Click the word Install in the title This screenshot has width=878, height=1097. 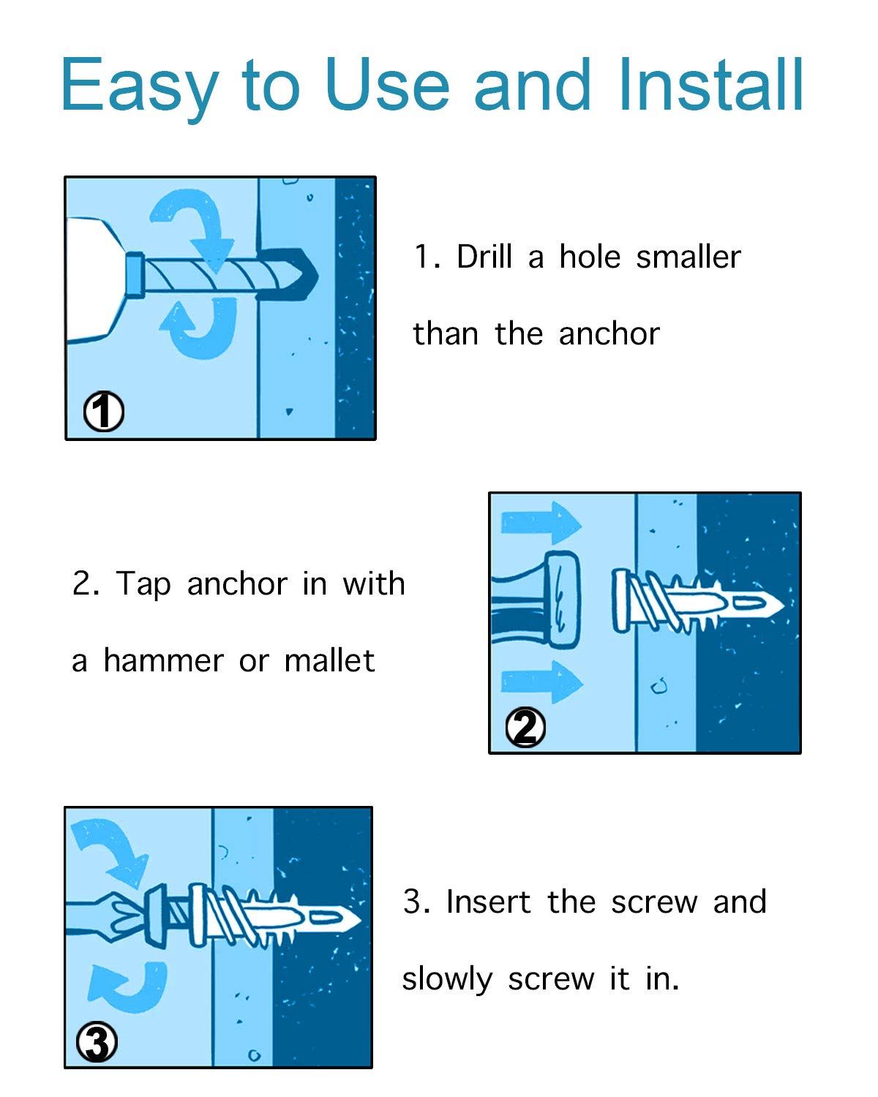pyautogui.click(x=711, y=84)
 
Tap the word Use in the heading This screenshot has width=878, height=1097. pyautogui.click(x=387, y=85)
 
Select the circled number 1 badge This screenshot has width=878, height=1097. pyautogui.click(x=104, y=411)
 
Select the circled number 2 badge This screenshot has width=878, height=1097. pyautogui.click(x=525, y=728)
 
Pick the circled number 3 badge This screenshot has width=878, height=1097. pyautogui.click(x=97, y=1042)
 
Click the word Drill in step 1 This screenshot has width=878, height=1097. pyautogui.click(x=484, y=256)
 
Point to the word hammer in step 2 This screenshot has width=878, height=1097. pyautogui.click(x=163, y=660)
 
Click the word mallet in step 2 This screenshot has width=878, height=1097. pyautogui.click(x=329, y=660)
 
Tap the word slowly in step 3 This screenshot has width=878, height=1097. pyautogui.click(x=448, y=979)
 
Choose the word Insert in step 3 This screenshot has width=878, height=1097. pyautogui.click(x=488, y=901)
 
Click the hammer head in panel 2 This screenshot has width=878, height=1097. pyautogui.click(x=563, y=600)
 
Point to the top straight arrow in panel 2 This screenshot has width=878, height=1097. pyautogui.click(x=541, y=523)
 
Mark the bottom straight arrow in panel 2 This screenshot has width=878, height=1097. pyautogui.click(x=541, y=682)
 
